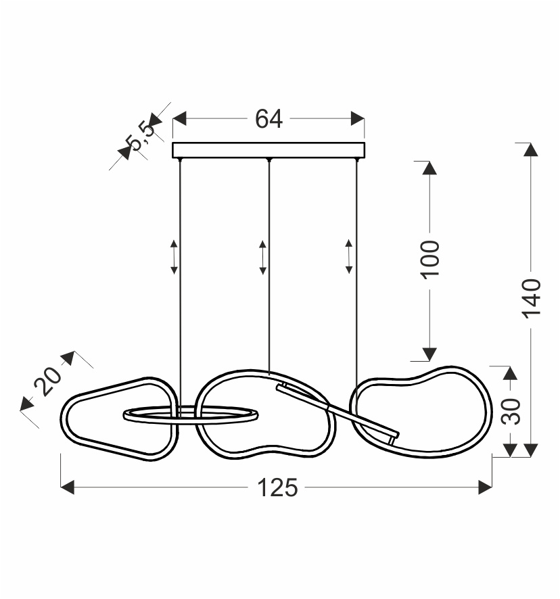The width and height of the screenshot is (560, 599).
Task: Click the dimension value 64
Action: [269, 118]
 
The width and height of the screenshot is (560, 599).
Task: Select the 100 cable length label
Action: [429, 260]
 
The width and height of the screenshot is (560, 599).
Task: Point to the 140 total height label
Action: [531, 299]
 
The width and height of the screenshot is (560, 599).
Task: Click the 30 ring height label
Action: [511, 412]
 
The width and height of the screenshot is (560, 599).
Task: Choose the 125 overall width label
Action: [277, 488]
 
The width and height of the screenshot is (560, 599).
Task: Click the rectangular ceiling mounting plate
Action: [269, 150]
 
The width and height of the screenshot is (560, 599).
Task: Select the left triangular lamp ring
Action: [67, 418]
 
